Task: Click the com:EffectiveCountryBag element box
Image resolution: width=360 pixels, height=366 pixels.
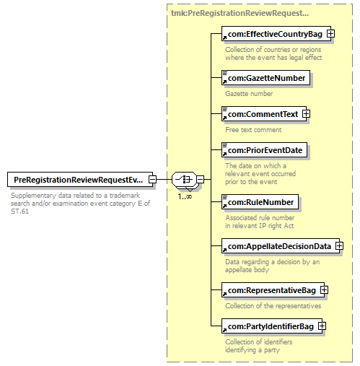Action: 276,34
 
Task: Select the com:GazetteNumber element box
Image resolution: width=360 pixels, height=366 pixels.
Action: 265,78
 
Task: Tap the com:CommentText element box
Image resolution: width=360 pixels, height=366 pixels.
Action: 264,114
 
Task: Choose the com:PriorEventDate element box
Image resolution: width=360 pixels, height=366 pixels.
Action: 264,150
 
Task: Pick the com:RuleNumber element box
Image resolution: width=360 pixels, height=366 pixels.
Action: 260,202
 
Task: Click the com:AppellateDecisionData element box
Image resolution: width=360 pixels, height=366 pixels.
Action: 281,246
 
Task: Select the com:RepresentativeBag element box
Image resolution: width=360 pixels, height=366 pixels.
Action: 273,290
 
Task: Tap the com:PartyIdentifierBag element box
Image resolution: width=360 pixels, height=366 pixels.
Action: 272,326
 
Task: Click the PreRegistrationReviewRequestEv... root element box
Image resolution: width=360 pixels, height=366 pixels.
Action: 80,179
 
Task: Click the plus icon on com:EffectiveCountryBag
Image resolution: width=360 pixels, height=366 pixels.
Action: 330,34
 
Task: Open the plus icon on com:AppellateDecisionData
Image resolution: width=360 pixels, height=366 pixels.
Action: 339,246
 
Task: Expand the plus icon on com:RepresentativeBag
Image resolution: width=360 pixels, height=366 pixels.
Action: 324,290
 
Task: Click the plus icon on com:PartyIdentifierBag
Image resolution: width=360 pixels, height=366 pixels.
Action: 322,326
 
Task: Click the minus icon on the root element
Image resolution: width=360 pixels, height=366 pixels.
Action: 152,179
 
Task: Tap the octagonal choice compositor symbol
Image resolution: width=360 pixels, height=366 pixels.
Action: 185,179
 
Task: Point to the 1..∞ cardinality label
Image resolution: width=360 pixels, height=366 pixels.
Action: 185,196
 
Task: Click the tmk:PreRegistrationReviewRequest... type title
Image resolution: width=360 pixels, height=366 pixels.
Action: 240,13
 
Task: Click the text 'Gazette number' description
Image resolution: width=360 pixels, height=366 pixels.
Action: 249,93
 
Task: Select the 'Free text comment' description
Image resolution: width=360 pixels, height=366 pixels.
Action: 253,130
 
